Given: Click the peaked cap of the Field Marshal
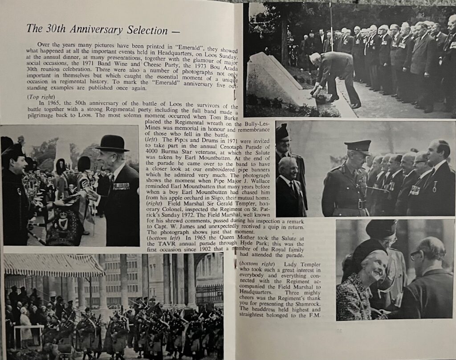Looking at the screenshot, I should pos(358,146).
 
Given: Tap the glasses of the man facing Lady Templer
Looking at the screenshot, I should pos(415,256).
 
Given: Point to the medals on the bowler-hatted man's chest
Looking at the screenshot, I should pos(121,186).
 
